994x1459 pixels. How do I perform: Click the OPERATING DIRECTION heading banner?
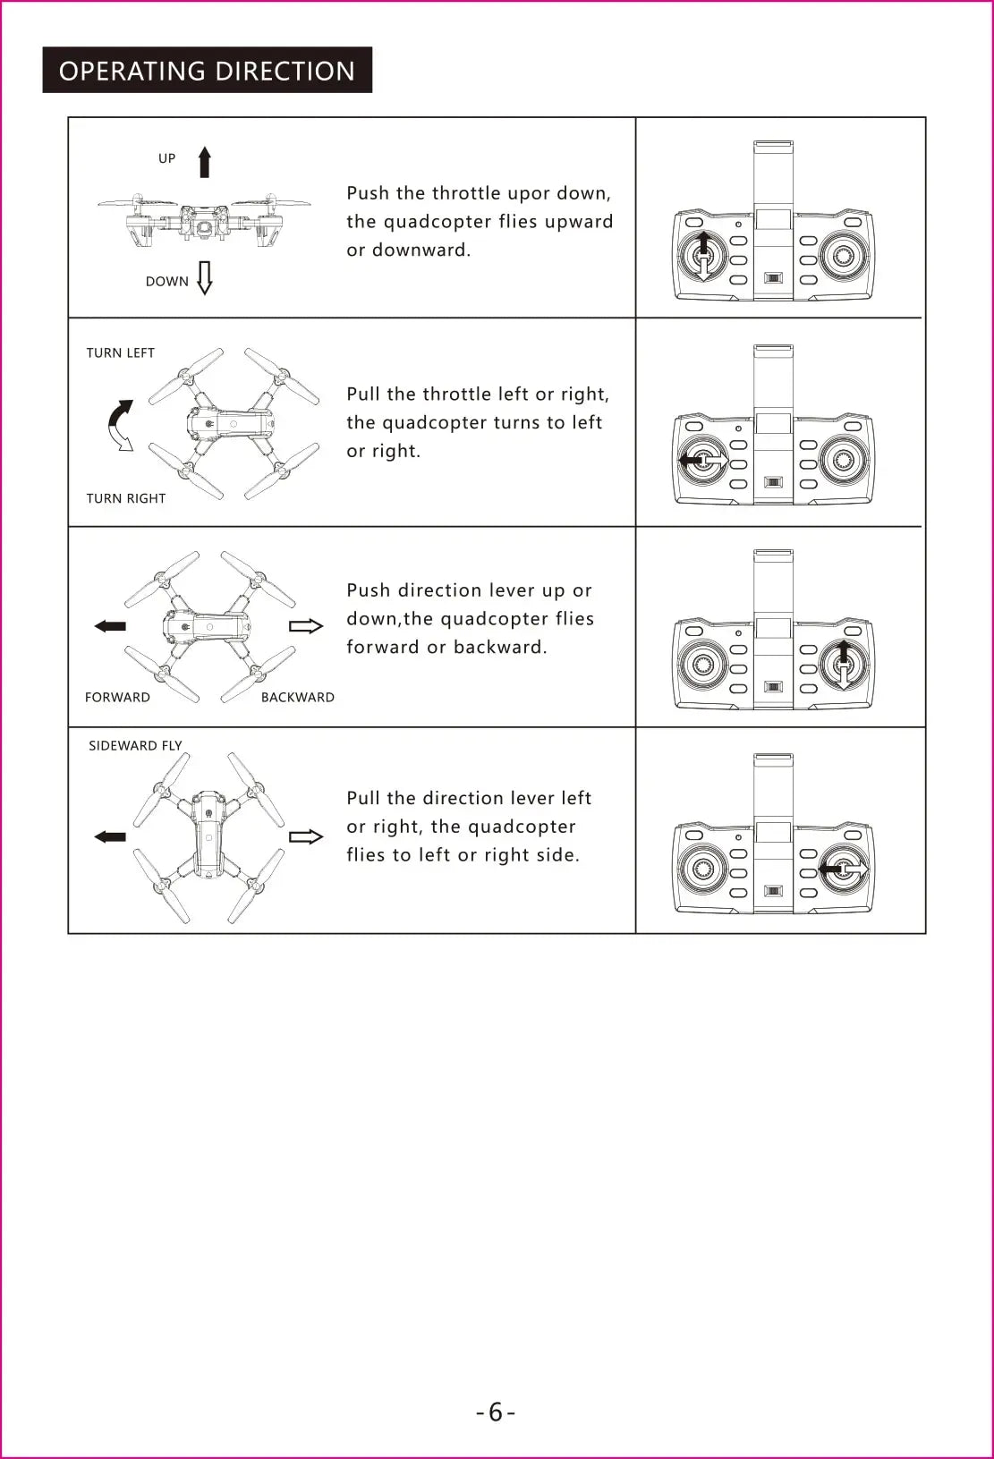tap(207, 71)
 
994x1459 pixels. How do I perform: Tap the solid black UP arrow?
tap(205, 162)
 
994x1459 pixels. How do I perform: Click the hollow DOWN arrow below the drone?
tap(205, 278)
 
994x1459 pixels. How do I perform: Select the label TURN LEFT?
tap(121, 353)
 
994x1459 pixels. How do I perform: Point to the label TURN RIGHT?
tap(126, 498)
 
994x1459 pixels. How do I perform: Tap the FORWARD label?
tap(117, 698)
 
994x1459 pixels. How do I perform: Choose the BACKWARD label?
tap(297, 698)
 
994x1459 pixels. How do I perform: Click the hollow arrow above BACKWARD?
tap(305, 626)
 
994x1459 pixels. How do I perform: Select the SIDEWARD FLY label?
tap(135, 746)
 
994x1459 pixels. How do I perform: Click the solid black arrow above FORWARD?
tap(110, 626)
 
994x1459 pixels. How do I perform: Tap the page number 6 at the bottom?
tap(496, 1412)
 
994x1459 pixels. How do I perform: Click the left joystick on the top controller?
tap(704, 257)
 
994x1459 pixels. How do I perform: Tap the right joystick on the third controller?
tap(843, 665)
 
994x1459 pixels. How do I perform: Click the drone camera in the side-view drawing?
tap(205, 227)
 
